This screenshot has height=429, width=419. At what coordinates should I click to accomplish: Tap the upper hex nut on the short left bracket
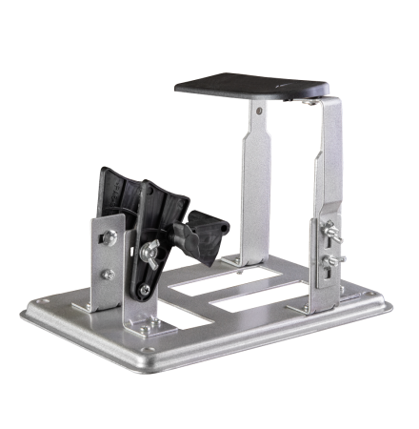(x=112, y=238)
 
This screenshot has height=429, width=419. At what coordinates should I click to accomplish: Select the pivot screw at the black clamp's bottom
(x=145, y=289)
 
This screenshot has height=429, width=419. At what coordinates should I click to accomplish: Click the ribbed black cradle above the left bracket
(x=133, y=200)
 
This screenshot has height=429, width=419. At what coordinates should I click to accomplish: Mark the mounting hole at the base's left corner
(x=40, y=306)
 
